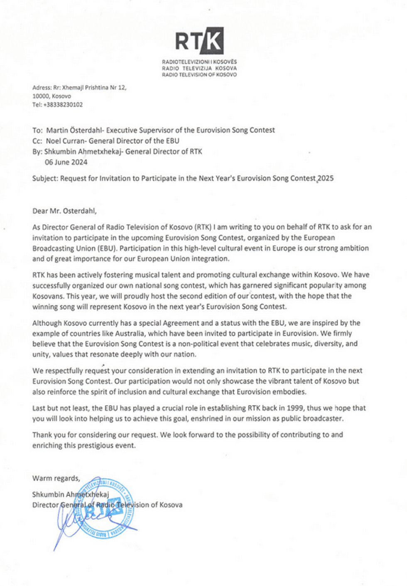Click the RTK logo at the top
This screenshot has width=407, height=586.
click(x=199, y=41)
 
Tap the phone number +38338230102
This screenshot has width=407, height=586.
click(x=63, y=105)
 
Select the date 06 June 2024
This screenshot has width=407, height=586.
click(x=66, y=162)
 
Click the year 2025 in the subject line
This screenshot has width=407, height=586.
click(x=326, y=178)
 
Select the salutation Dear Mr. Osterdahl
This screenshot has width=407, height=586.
click(x=64, y=211)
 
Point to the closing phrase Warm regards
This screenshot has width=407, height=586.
click(x=56, y=478)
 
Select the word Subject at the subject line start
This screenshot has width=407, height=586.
click(x=45, y=178)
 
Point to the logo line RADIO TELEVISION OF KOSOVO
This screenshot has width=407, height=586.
click(x=199, y=75)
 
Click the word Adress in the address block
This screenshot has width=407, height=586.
click(x=41, y=88)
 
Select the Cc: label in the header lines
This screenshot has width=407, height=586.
click(x=37, y=141)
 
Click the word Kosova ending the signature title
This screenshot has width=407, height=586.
click(x=171, y=505)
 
